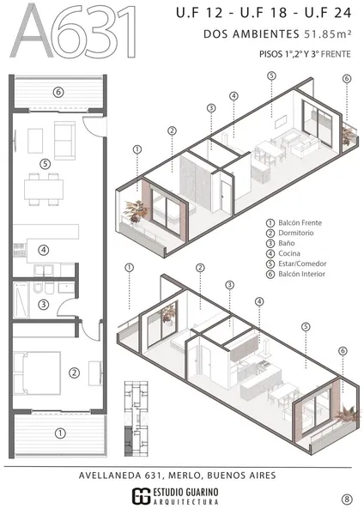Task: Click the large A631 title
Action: (x=73, y=31)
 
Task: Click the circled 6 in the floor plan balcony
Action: (x=58, y=93)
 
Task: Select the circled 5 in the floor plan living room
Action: (x=45, y=164)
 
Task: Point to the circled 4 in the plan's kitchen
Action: (x=44, y=251)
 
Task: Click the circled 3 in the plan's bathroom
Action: (x=44, y=305)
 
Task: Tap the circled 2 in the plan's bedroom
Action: (x=74, y=373)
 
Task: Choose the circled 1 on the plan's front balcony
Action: (x=60, y=433)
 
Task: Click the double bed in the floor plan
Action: (x=37, y=373)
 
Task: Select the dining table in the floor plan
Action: (x=44, y=189)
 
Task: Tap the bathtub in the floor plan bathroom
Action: (x=21, y=300)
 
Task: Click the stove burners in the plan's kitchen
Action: (x=20, y=251)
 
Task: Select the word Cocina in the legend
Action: (x=289, y=253)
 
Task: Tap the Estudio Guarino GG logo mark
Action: (x=142, y=496)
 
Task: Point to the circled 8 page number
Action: (x=347, y=500)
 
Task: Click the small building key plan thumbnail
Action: (x=136, y=419)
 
